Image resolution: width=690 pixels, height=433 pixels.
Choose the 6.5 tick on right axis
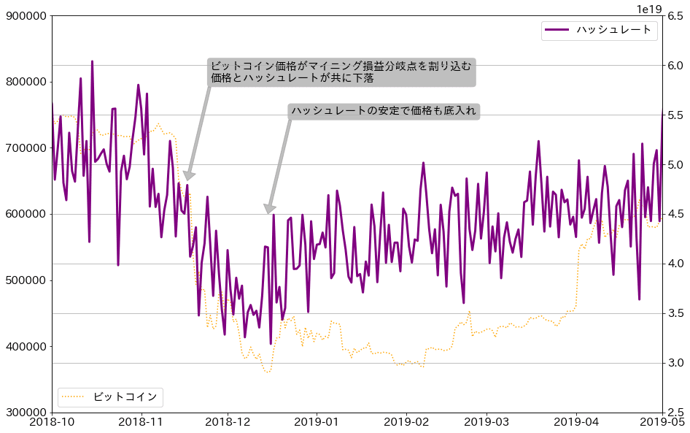tap(675, 16)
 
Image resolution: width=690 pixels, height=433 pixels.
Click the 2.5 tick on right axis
tap(675, 413)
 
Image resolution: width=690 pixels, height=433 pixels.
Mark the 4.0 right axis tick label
tap(675, 264)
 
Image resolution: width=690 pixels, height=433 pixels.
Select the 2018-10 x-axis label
tap(52, 423)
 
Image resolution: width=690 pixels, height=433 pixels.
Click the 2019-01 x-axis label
tap(316, 423)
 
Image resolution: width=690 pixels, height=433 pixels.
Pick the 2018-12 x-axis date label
tap(228, 423)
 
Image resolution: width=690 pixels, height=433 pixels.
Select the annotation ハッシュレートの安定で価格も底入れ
tap(384, 111)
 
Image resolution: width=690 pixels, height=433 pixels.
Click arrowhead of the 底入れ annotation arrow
tap(269, 212)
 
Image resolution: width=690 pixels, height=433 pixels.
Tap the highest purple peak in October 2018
tap(92, 61)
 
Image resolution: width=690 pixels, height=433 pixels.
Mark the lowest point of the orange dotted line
tap(268, 372)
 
